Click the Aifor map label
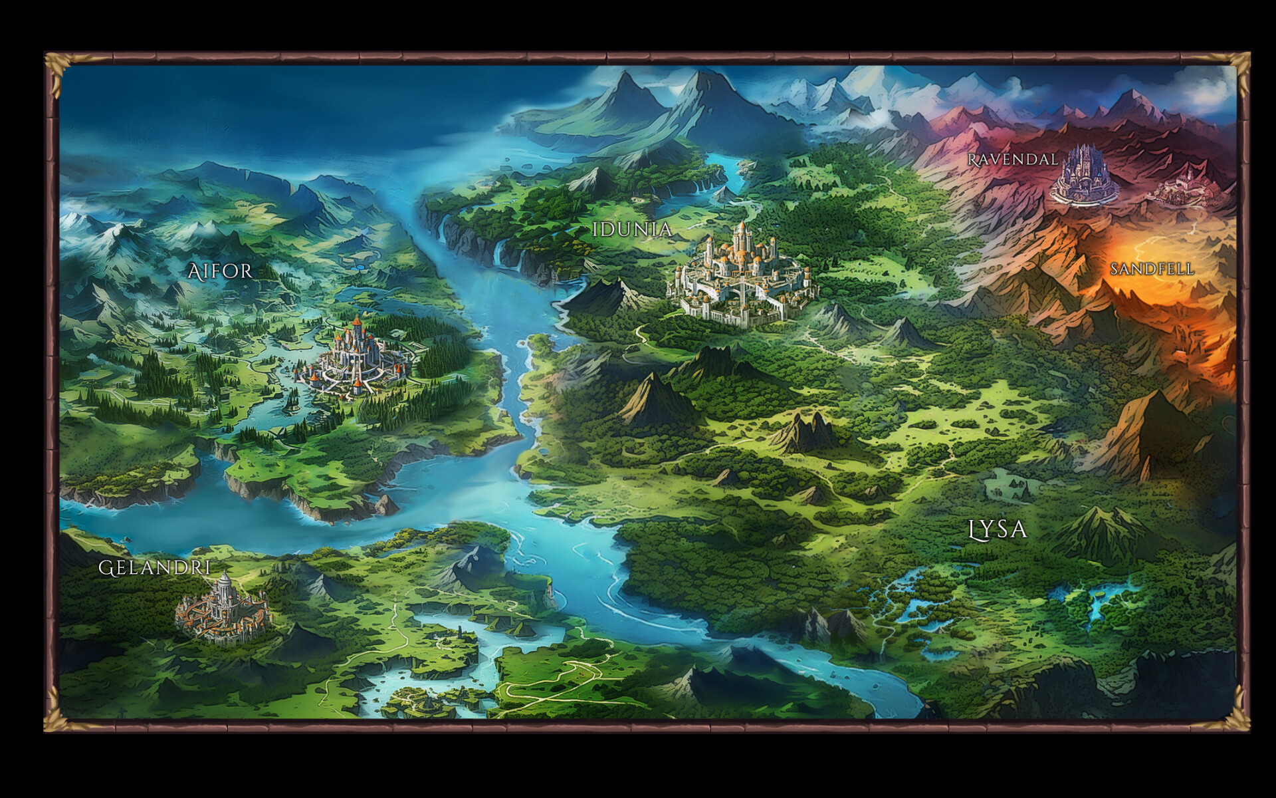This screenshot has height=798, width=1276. click(220, 271)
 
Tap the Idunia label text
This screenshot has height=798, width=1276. click(632, 230)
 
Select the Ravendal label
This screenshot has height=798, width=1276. click(1012, 160)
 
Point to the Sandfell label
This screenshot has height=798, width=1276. click(1152, 269)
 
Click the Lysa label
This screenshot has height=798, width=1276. click(998, 529)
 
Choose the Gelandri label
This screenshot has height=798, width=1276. click(155, 568)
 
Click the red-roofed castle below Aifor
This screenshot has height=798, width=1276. click(355, 359)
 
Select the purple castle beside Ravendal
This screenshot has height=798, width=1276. click(1085, 175)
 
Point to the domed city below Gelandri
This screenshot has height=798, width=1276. click(223, 608)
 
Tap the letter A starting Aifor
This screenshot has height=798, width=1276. click(194, 271)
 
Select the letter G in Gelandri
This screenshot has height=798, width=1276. click(105, 569)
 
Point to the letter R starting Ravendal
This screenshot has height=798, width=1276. click(972, 160)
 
